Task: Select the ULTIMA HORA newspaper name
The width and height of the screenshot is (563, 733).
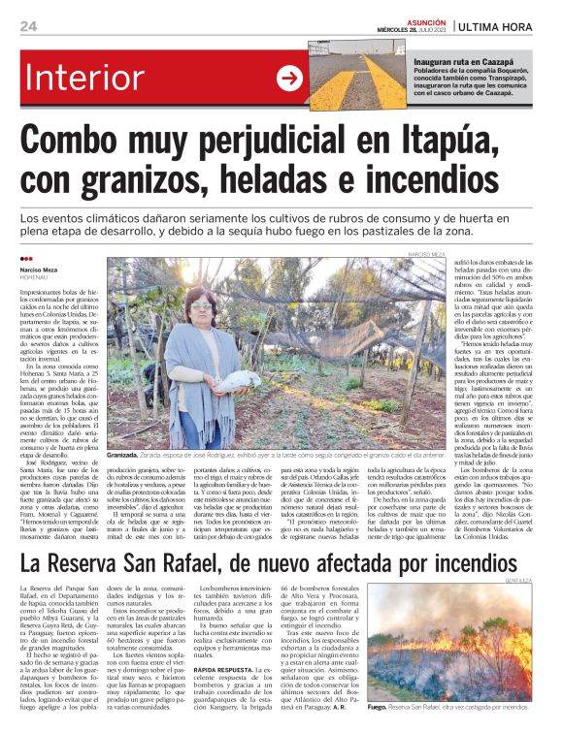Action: (x=506, y=26)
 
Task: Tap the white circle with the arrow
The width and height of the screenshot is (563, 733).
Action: (x=289, y=79)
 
